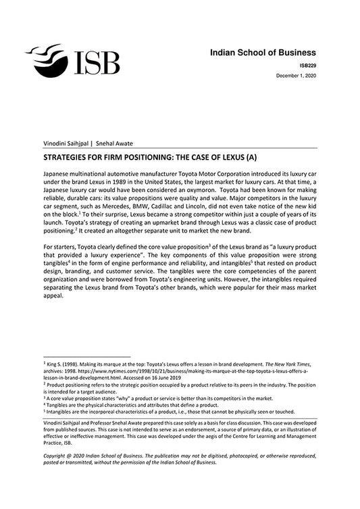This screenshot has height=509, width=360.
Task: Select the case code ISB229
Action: (x=307, y=65)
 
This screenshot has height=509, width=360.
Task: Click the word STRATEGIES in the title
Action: (x=70, y=155)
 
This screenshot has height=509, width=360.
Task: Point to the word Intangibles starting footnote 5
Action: (x=61, y=411)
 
